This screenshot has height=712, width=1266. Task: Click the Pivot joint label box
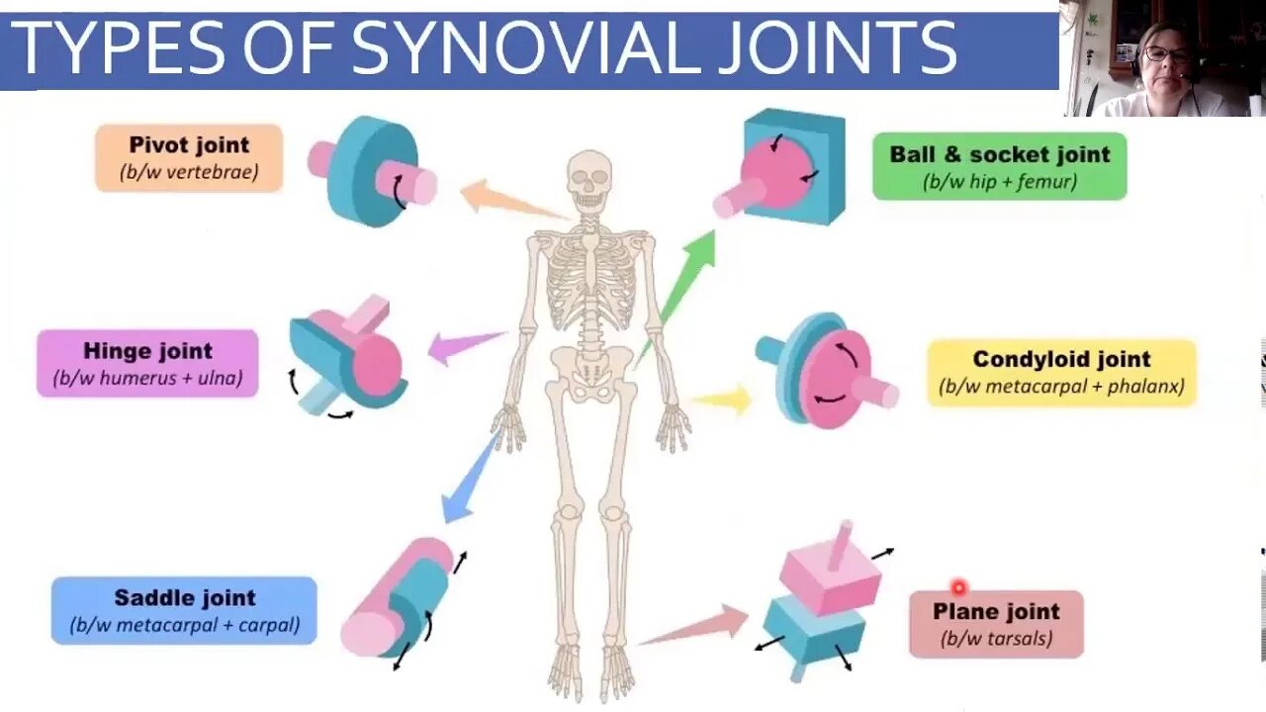tap(189, 157)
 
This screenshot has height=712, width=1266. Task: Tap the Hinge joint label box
tap(147, 363)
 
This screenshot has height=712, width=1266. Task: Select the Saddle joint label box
tap(184, 610)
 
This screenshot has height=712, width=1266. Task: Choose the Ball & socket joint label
tap(999, 166)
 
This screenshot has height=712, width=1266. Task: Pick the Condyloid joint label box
tap(1061, 372)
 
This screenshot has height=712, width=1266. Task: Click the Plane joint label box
tap(996, 623)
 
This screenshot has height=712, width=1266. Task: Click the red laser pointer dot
tap(957, 588)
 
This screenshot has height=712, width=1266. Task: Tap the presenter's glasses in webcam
tap(1167, 54)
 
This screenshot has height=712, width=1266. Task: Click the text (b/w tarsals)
tap(996, 638)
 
